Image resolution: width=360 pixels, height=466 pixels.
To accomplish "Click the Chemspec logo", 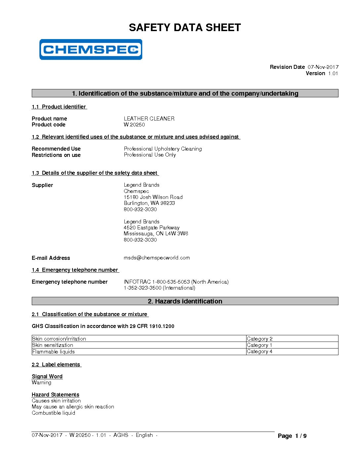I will click(x=91, y=50).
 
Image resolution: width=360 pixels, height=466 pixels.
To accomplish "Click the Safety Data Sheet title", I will click(x=185, y=27).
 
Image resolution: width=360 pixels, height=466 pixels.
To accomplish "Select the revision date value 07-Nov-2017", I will click(x=323, y=67).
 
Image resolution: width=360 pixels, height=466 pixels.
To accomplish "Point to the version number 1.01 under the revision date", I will click(x=333, y=73).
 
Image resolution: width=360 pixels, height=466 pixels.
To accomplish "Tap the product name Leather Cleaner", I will click(x=149, y=118).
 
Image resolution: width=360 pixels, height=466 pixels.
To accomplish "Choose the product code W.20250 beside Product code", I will click(x=134, y=125).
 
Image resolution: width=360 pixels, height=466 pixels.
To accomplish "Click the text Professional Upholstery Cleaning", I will click(x=163, y=149).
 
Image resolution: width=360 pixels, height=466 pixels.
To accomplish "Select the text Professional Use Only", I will click(x=150, y=155).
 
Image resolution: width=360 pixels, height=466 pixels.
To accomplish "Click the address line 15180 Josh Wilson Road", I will click(x=153, y=197).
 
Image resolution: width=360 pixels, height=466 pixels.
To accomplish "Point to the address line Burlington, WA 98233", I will click(x=149, y=203).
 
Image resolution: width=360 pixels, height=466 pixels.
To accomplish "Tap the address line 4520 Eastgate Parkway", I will click(x=152, y=228).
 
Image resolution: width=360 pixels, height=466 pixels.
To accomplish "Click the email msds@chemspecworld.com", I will click(x=157, y=258).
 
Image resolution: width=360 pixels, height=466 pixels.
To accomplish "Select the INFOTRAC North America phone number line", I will click(x=176, y=282).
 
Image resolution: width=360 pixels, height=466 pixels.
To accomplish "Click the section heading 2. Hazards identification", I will click(x=185, y=301).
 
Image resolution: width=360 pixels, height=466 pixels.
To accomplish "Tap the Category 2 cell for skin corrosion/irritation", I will click(x=260, y=339).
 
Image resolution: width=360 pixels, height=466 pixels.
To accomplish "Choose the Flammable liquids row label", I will click(x=53, y=351).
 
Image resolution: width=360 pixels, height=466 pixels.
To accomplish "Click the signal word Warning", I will click(x=41, y=383).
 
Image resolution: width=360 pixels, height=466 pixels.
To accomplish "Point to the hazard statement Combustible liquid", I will click(x=53, y=413).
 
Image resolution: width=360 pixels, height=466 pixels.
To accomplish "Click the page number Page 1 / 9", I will click(x=292, y=436).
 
